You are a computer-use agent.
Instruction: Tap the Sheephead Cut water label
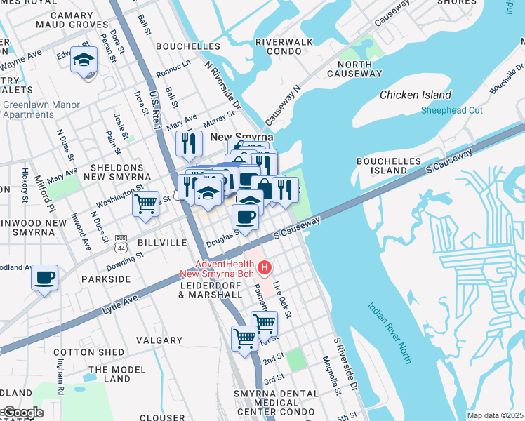tap(451, 110)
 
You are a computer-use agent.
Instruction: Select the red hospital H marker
tap(265, 267)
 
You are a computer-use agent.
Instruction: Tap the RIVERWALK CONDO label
tap(284, 46)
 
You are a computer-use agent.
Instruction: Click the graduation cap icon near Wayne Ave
tap(84, 60)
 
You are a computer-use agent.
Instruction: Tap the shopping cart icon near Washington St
tap(145, 204)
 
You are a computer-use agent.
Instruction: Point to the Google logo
tap(22, 413)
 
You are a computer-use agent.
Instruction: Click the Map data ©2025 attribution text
tap(495, 415)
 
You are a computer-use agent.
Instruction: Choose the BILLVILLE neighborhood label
tap(163, 242)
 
